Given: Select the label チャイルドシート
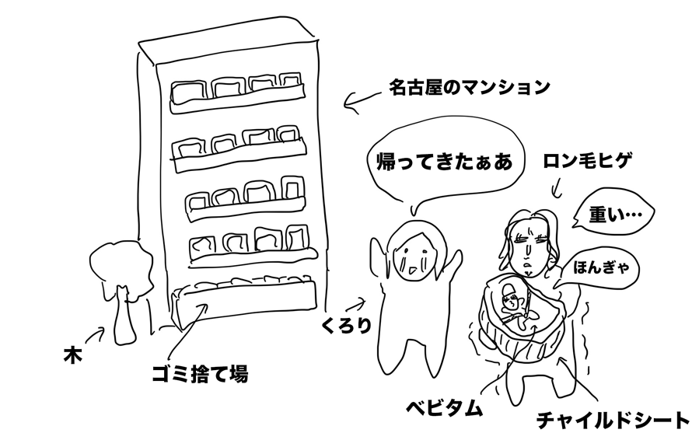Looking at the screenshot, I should coord(613,421).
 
